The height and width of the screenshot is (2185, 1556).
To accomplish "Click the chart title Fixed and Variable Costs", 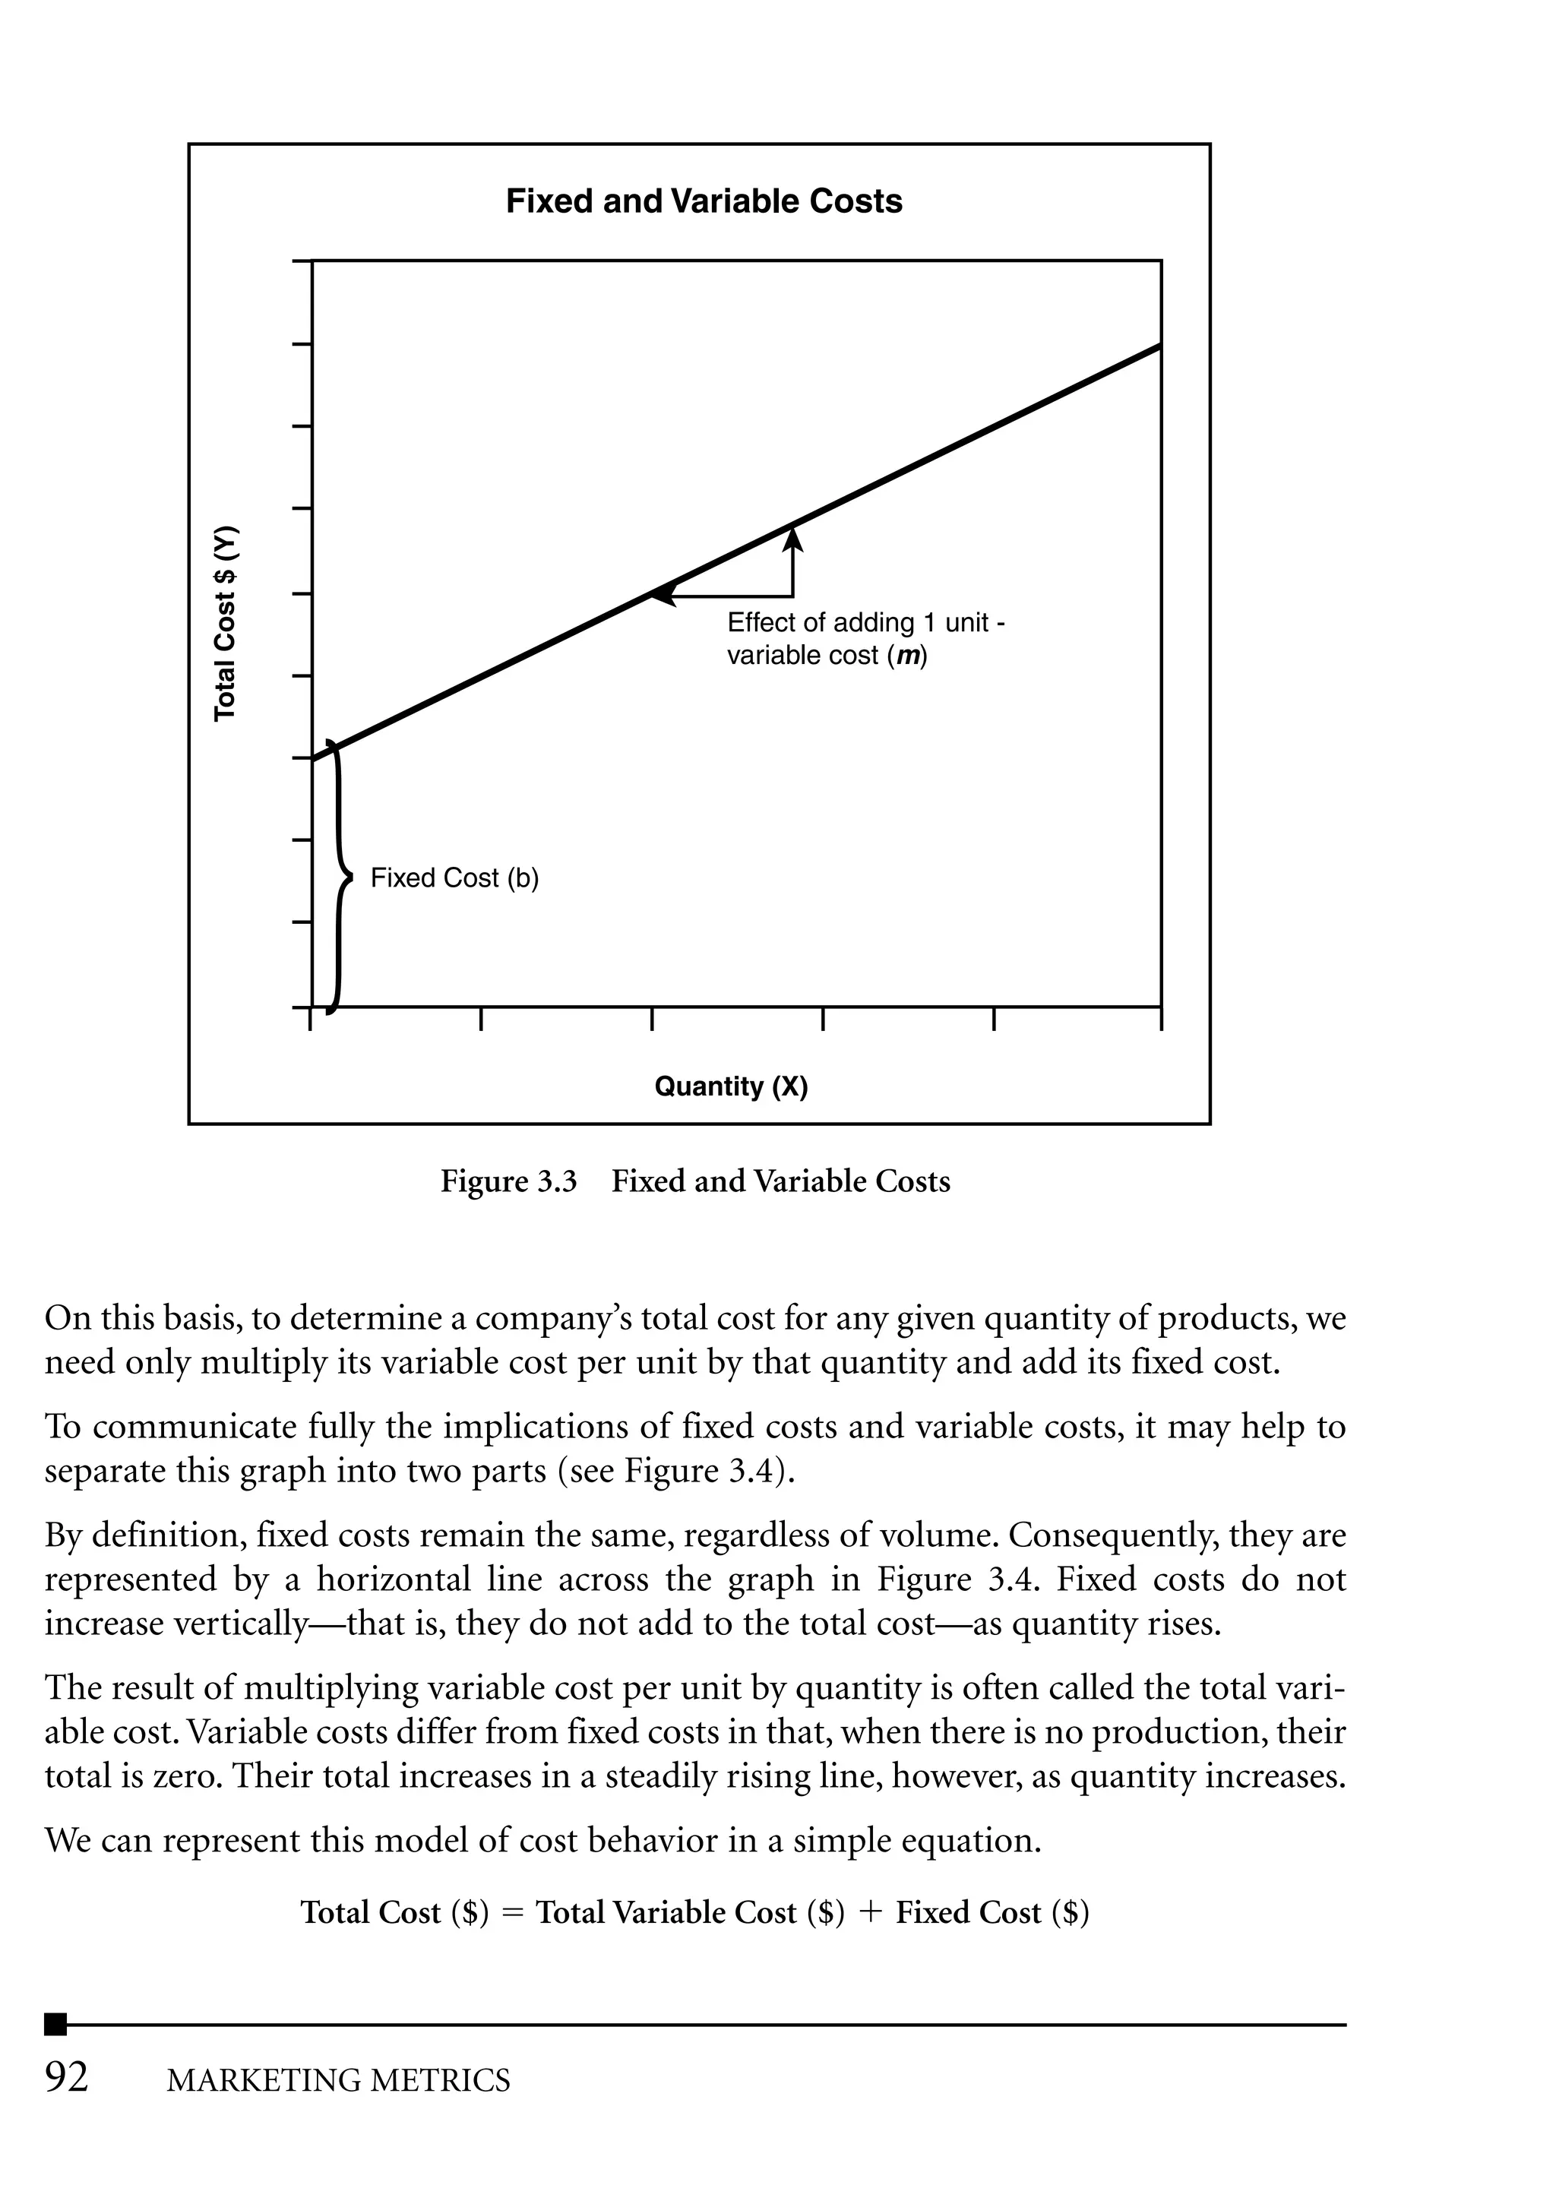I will click(704, 202).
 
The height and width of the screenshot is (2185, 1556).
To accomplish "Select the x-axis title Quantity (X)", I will click(731, 1086).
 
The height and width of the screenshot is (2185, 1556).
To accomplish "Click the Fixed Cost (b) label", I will click(454, 878).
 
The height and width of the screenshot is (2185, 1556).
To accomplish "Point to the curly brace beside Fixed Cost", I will click(337, 877).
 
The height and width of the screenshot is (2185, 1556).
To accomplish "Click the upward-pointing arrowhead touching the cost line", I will click(792, 539).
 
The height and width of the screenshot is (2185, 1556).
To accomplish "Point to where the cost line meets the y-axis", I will click(313, 759).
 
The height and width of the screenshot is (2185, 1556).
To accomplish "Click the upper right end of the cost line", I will click(1159, 346).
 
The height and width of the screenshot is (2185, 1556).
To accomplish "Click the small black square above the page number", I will click(56, 2024).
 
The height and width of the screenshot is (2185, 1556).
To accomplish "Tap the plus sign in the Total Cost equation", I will click(870, 1912).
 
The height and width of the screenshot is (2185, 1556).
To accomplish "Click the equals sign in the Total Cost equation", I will click(513, 1913).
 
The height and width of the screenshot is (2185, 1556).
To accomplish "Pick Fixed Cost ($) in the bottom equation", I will click(991, 1912).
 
